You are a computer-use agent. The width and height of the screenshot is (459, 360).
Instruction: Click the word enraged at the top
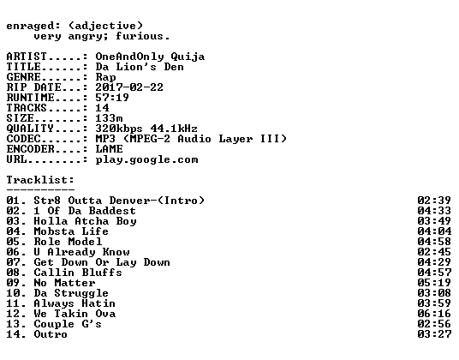[x=30, y=27]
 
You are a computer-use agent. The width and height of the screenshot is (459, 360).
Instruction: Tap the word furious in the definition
[x=140, y=36]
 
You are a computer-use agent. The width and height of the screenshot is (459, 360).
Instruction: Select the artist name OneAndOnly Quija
[x=150, y=57]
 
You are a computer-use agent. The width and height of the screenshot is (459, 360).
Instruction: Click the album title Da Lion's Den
[x=140, y=67]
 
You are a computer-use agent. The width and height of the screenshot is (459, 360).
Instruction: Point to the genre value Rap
[x=105, y=77]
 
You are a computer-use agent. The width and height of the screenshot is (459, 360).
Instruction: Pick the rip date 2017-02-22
[x=129, y=87]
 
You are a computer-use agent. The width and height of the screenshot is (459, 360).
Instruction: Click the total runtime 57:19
[x=112, y=98]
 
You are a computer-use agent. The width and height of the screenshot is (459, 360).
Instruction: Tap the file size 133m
[x=109, y=118]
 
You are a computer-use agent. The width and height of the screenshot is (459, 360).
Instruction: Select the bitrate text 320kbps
[x=119, y=129]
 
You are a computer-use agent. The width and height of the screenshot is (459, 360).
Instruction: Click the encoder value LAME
[x=110, y=149]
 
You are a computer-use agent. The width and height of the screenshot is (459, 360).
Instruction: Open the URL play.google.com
[x=147, y=160]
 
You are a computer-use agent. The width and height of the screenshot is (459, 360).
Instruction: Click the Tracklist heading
[x=40, y=179]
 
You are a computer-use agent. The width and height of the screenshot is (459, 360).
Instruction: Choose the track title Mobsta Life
[x=71, y=231]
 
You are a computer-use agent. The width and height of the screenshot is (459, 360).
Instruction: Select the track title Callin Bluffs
[x=78, y=273]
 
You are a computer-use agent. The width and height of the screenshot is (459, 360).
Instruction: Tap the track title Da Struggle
[x=71, y=293]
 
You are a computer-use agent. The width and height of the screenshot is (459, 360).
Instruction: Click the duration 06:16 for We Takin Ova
[x=434, y=314]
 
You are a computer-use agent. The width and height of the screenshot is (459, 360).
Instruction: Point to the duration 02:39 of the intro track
[x=434, y=201]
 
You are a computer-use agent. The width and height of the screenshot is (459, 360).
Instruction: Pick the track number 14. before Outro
[x=16, y=334]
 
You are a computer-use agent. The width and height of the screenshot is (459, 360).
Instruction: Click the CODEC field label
[x=23, y=139]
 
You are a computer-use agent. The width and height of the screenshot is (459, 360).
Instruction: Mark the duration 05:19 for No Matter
[x=434, y=283]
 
